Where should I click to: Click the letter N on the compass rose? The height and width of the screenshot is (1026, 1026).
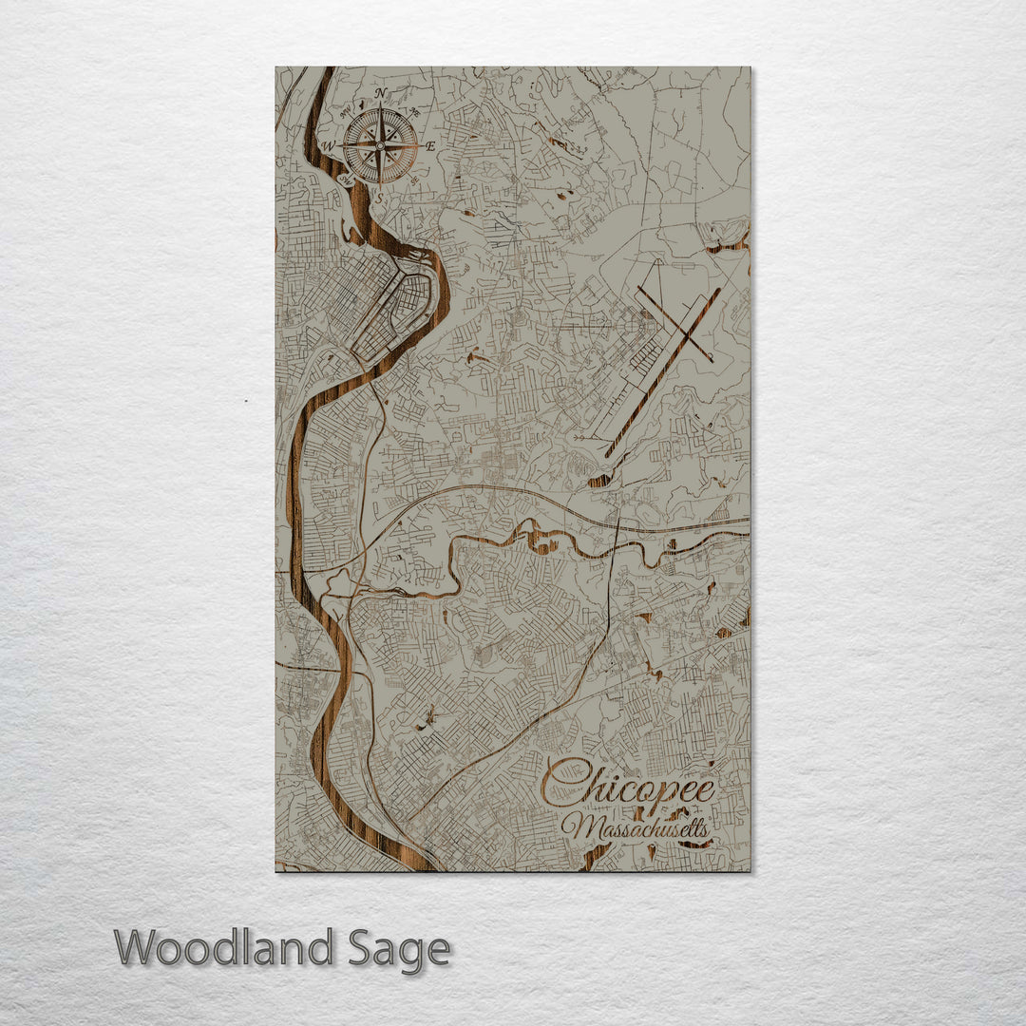(381, 93)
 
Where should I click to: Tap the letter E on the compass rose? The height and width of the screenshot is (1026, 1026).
(429, 146)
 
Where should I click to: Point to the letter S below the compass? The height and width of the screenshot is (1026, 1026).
(380, 199)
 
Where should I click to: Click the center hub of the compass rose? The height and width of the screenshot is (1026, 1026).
(380, 146)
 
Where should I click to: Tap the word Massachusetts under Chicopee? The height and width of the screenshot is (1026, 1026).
(636, 828)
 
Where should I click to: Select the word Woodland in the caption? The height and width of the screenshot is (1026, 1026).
(225, 948)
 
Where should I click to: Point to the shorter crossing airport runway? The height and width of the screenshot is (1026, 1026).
(674, 316)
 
